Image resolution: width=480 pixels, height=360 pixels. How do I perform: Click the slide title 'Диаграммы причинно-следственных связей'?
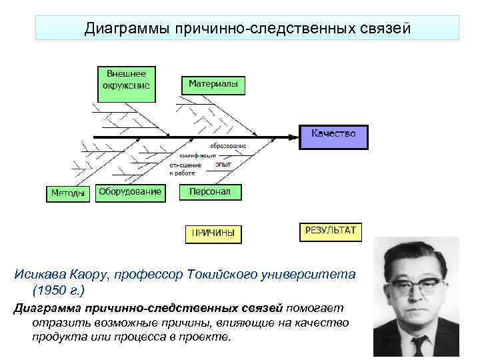point(247,29)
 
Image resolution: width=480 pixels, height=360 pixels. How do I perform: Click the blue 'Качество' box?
point(333,133)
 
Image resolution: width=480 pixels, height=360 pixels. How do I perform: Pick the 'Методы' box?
point(68,193)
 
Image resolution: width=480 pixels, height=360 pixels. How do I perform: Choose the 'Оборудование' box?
point(130,192)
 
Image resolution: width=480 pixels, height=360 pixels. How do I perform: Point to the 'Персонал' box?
point(210,192)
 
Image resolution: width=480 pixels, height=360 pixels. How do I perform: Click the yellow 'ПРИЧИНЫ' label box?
point(213,233)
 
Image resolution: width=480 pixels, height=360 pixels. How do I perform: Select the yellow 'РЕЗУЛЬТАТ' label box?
point(331,231)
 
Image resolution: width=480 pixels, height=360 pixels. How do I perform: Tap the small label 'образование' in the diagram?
point(228,145)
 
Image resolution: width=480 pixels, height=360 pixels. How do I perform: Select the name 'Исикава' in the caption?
point(39,275)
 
